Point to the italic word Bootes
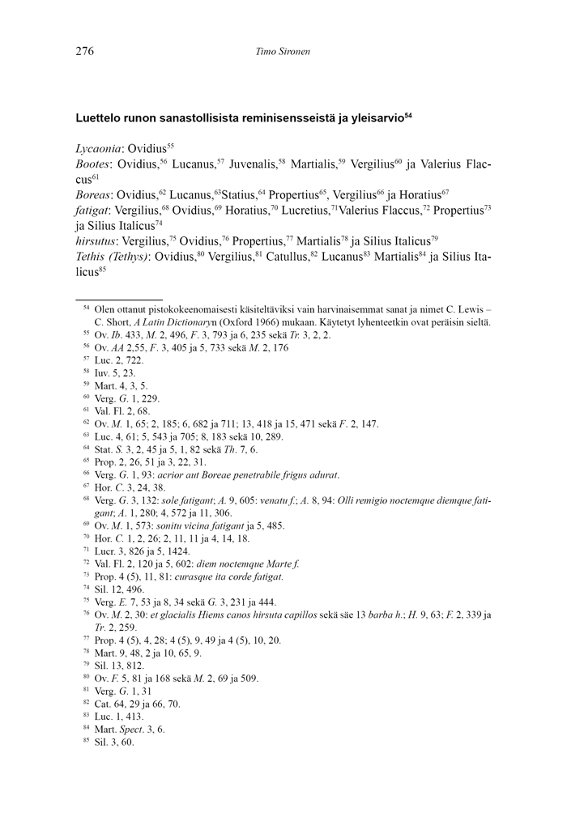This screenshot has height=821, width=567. [92, 164]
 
